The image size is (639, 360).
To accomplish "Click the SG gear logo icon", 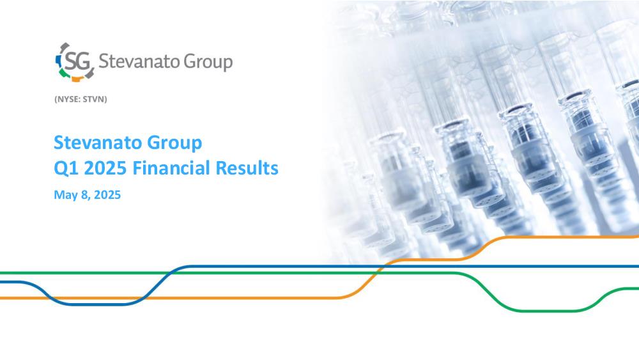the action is (x=75, y=62).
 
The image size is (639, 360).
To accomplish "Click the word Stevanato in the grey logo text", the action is (x=139, y=61).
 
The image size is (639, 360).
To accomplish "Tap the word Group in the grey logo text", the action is (x=208, y=63).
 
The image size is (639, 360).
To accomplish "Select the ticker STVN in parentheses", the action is (x=94, y=99).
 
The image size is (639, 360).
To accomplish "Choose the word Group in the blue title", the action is (x=174, y=143).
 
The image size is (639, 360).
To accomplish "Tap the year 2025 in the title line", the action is (x=105, y=168).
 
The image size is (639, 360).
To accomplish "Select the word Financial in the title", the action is (x=171, y=168).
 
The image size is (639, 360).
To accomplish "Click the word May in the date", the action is (x=66, y=195).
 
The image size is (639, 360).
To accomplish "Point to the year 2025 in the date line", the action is (x=107, y=194).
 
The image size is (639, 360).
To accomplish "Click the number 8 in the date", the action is (x=84, y=194).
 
